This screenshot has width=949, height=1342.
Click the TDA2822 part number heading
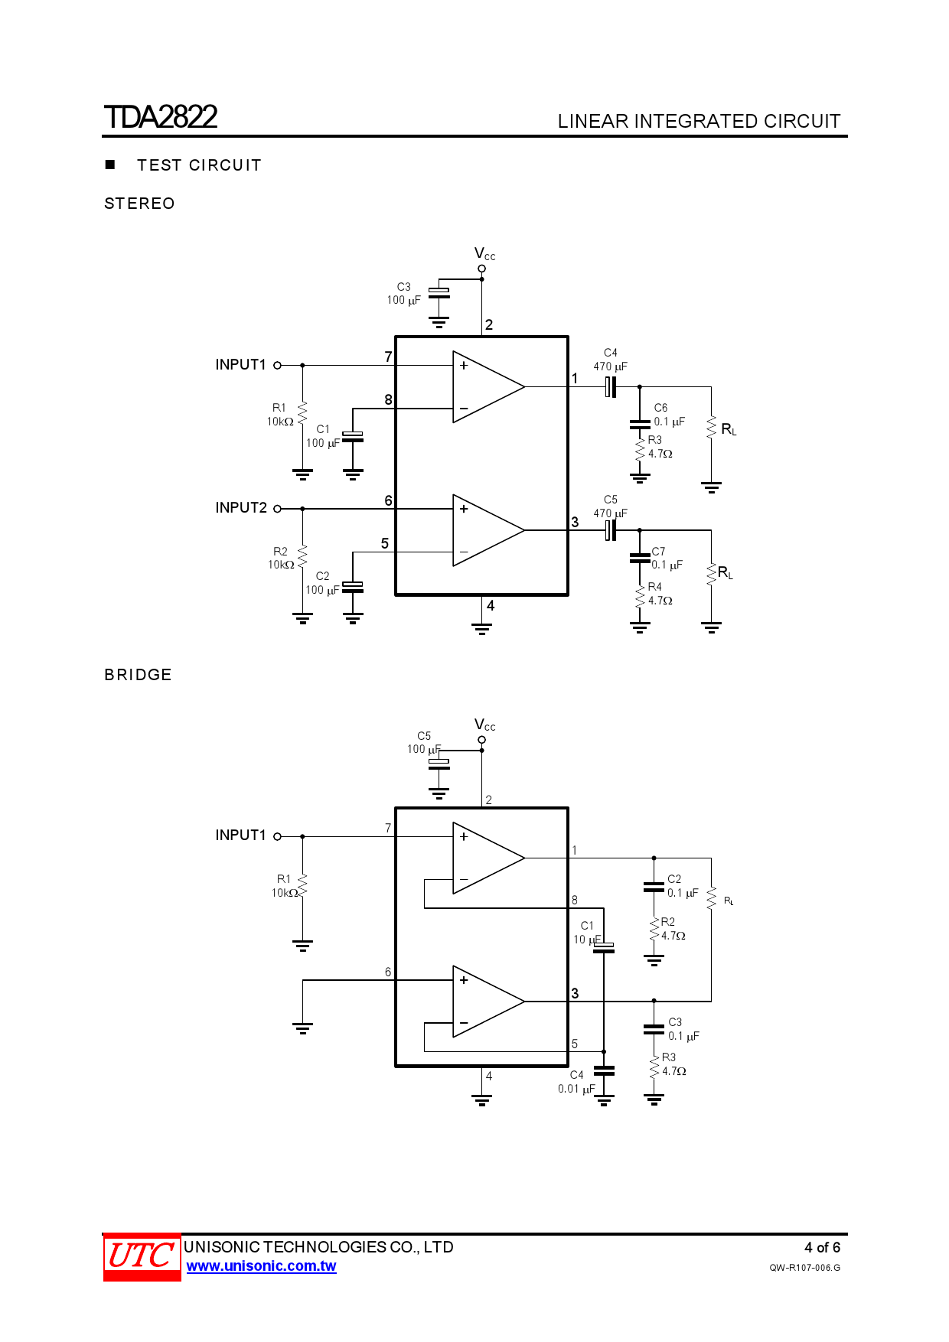[161, 117]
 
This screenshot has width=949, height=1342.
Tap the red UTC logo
[142, 1256]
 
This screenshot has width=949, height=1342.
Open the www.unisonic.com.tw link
[261, 1266]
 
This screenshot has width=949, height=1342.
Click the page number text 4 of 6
[822, 1247]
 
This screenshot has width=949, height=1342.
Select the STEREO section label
[139, 204]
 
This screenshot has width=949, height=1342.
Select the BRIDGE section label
[138, 675]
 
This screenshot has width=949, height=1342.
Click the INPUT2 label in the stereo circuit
[241, 508]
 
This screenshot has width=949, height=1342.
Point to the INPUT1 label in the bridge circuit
[240, 835]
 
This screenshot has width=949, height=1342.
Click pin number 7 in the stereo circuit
[388, 357]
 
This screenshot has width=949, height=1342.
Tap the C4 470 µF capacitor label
[610, 360]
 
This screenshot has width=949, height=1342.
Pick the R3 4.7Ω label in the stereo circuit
[659, 447]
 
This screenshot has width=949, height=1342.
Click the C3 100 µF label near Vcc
[403, 294]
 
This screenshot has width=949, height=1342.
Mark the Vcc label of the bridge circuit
[484, 725]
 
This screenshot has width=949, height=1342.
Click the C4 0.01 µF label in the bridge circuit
[576, 1082]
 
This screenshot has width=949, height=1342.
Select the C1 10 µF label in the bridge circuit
[587, 933]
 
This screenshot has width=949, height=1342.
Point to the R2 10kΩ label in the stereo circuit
[280, 558]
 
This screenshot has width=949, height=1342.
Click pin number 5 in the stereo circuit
[385, 543]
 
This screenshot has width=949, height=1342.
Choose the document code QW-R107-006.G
[804, 1268]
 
